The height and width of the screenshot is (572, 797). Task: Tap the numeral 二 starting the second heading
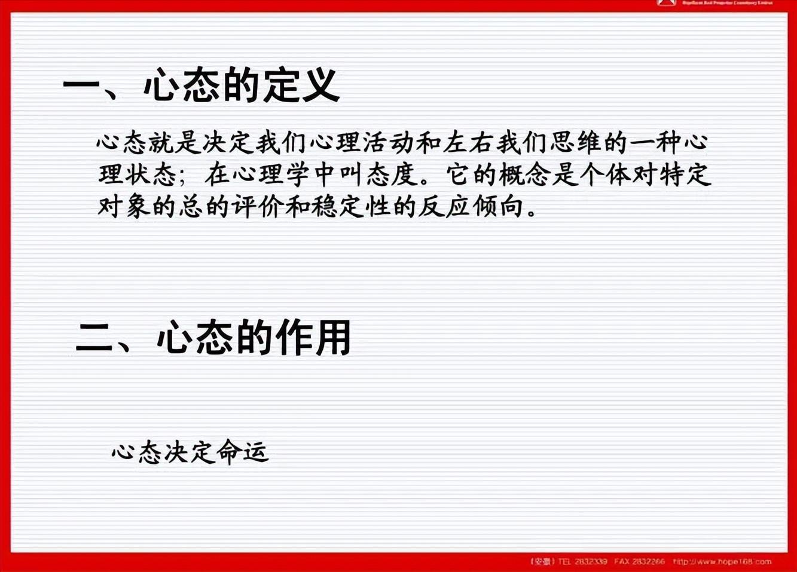click(x=94, y=339)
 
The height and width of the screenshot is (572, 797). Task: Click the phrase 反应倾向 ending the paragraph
click(x=471, y=207)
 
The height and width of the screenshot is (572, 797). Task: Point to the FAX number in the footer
click(x=647, y=561)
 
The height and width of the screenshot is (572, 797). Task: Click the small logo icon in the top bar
click(x=666, y=3)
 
